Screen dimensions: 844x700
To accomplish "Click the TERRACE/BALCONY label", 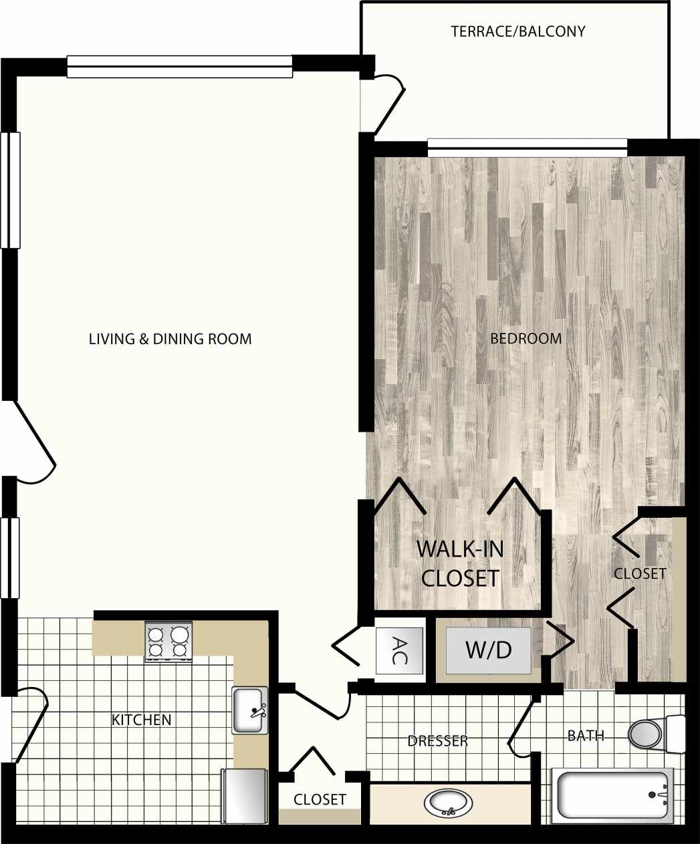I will tap(517, 31).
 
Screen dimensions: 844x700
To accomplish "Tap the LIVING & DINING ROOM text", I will tap(170, 339).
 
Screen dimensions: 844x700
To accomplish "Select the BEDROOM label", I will tap(526, 338).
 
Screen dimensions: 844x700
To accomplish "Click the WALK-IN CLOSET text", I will tap(460, 563).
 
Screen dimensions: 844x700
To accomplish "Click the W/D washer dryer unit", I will tap(489, 650).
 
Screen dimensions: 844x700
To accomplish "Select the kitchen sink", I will tap(249, 710).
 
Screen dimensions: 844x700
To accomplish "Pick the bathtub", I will tap(612, 795).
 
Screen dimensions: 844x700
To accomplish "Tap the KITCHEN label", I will tap(141, 720).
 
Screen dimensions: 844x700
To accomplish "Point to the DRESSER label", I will tap(437, 741).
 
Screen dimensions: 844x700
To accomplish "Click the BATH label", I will tap(586, 736).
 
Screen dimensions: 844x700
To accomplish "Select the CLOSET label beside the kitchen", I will tap(320, 799).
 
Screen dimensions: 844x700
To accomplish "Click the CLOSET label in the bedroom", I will tap(640, 573).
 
